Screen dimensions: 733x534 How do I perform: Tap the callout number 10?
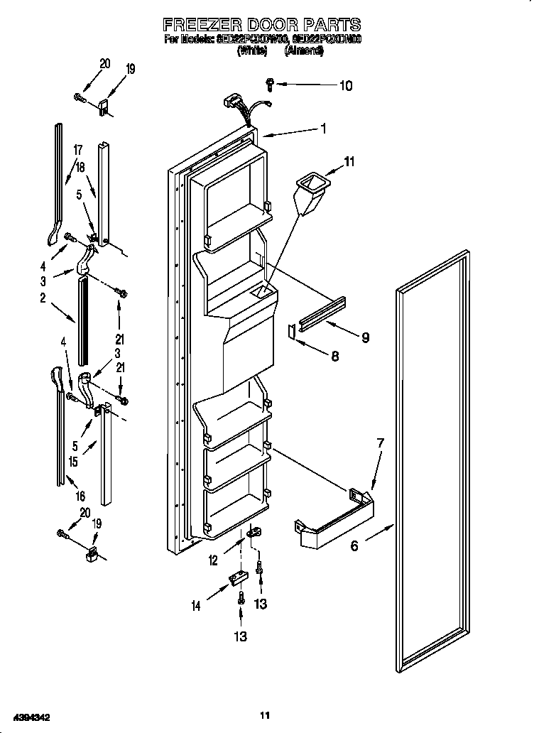click(345, 86)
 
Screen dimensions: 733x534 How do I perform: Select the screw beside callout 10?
click(271, 84)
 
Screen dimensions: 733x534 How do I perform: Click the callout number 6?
click(354, 545)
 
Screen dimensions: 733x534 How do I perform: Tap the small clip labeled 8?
click(292, 331)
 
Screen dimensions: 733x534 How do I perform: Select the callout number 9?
click(365, 338)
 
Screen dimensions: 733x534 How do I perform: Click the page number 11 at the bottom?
click(266, 715)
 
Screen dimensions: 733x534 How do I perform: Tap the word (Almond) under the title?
click(303, 51)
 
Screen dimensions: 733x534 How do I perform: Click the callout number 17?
click(77, 150)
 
